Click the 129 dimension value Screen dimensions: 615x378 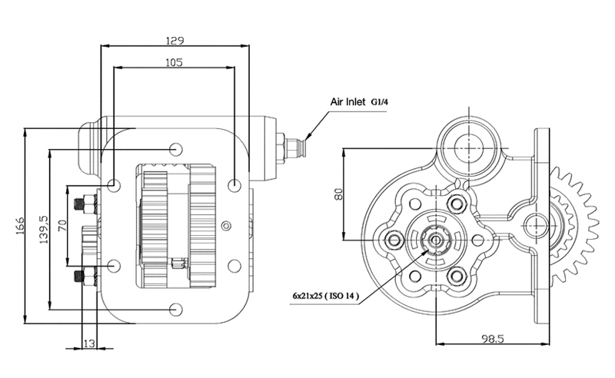coord(175,41)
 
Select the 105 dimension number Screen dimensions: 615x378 coord(175,62)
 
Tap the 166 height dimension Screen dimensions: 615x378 coord(20,226)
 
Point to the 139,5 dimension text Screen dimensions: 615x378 coord(44,230)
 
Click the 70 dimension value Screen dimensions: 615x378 coord(62,225)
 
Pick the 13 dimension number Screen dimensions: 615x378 coord(89,343)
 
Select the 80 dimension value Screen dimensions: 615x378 coord(338,194)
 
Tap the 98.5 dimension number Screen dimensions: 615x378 coord(492,338)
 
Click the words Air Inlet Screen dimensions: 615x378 coord(347,102)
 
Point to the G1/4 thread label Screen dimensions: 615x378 coord(379,102)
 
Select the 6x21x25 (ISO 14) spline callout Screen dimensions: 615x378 coord(325,295)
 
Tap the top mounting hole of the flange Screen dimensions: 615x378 coord(176,149)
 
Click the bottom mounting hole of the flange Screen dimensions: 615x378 coord(176,310)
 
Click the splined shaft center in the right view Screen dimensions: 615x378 coord(436,240)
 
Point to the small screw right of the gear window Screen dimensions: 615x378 coord(226,225)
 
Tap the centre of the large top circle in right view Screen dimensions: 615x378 coord(469,148)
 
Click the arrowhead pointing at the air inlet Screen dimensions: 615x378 coord(307,136)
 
